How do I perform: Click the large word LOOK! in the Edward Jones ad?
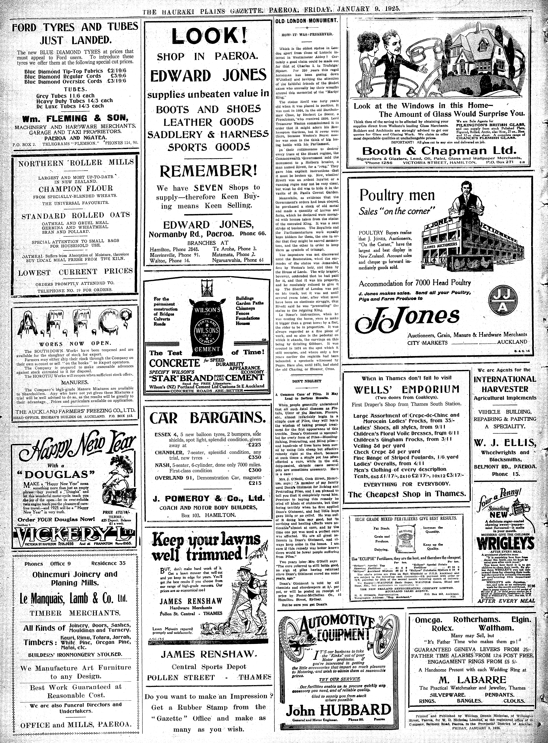click(209, 36)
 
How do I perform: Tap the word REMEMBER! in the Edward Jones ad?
click(208, 171)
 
